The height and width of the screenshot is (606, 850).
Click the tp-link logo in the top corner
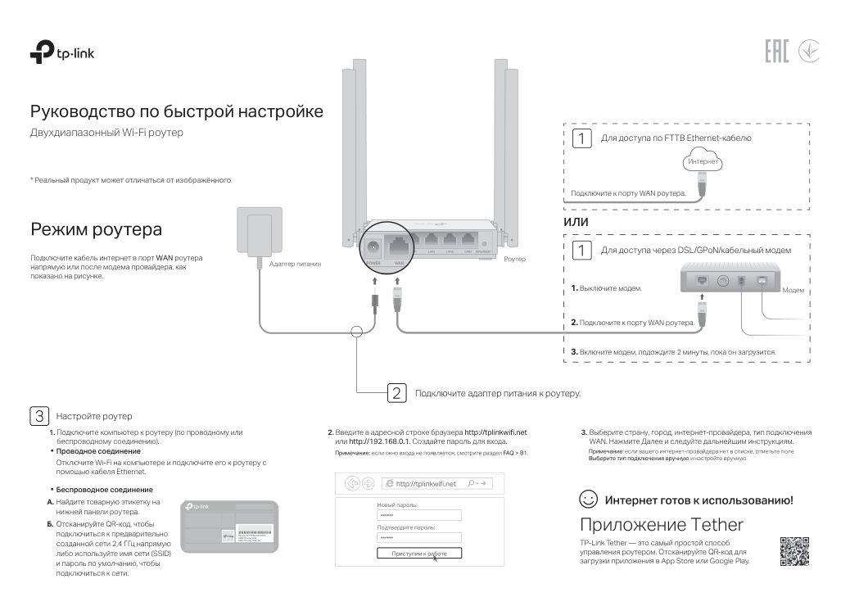click(65, 54)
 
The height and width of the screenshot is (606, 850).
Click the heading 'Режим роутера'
click(96, 228)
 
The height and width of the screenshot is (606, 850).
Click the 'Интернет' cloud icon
click(702, 162)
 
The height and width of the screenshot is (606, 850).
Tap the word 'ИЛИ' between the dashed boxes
click(576, 222)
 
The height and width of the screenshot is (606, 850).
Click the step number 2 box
click(396, 393)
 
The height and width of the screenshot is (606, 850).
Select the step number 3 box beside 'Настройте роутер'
click(38, 415)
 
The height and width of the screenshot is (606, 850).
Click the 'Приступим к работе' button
click(419, 554)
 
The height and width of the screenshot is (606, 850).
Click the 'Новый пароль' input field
click(419, 515)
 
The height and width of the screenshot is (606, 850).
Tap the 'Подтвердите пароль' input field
click(419, 537)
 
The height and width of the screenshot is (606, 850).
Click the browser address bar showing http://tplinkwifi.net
click(425, 483)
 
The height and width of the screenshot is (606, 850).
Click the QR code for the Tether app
click(793, 550)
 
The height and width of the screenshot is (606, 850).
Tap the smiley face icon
click(587, 500)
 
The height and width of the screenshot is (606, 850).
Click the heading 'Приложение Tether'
click(661, 524)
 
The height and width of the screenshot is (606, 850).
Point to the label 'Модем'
click(793, 291)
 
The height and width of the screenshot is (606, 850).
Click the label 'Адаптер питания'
click(295, 264)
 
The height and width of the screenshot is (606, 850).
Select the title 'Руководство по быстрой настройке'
click(176, 111)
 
